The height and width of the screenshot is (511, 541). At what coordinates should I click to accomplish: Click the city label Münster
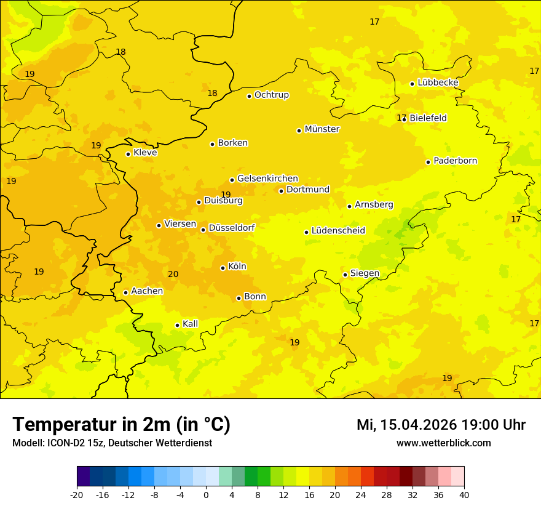(x=322, y=129)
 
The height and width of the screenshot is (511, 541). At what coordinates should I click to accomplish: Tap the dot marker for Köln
(x=223, y=268)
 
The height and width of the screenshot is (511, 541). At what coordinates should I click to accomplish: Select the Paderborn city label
(x=455, y=161)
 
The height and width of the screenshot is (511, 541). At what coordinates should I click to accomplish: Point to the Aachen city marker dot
(x=125, y=292)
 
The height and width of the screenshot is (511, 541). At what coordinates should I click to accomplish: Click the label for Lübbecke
(x=438, y=82)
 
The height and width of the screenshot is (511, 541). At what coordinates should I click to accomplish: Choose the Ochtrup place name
(x=271, y=95)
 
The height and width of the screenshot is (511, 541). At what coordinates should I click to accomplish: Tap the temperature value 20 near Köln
(x=173, y=274)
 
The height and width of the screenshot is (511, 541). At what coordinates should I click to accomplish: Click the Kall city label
(x=190, y=324)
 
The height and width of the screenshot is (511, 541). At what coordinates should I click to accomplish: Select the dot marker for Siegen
(x=345, y=275)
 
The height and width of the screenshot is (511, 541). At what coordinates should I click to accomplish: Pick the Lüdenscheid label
(x=338, y=231)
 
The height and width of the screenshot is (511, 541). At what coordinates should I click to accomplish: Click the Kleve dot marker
(x=128, y=154)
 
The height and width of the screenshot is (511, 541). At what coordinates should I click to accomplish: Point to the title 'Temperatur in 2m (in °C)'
(x=122, y=424)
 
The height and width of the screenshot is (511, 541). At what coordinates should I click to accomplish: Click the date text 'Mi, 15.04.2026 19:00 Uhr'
(x=441, y=425)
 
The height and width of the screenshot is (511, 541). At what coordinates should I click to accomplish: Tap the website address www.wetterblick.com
(x=443, y=443)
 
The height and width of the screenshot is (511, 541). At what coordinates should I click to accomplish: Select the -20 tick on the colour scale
(x=77, y=494)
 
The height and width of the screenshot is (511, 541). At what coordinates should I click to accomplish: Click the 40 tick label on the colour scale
(x=464, y=494)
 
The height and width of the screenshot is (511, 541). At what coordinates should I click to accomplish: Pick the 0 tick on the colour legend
(x=206, y=494)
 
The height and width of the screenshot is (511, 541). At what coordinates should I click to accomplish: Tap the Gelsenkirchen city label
(x=267, y=179)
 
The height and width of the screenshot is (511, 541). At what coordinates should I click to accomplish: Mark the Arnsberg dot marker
(x=349, y=206)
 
